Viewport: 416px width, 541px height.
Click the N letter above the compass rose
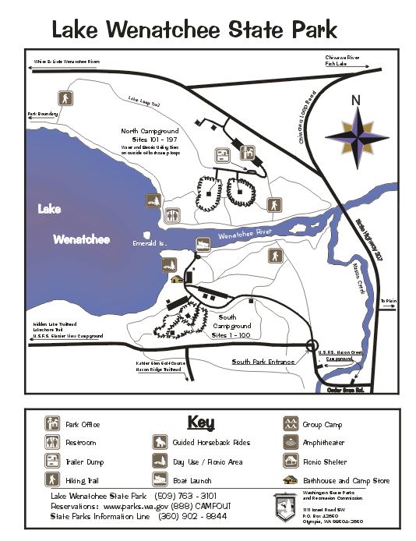coord(356,101)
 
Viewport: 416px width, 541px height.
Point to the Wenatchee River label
coord(246,235)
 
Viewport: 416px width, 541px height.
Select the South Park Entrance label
coord(263,362)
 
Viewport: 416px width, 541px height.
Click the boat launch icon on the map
coord(203,243)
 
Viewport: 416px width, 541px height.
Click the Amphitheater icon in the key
coord(290,443)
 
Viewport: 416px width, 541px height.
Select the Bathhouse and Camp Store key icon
coord(290,480)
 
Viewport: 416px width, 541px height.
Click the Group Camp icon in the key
coord(290,424)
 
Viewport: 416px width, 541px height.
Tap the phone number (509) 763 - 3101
coord(189,496)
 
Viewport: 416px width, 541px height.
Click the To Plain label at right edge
coord(387,300)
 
